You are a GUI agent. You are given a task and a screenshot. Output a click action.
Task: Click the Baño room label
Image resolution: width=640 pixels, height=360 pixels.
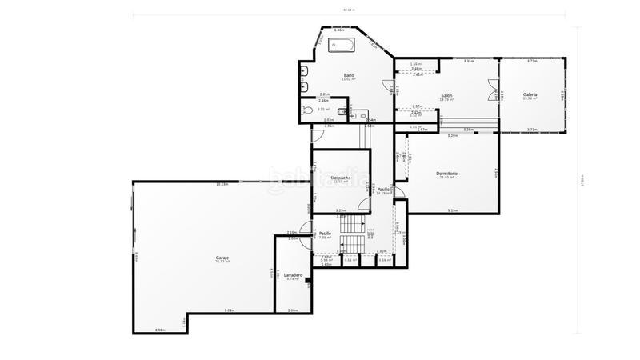pyautogui.click(x=349, y=74)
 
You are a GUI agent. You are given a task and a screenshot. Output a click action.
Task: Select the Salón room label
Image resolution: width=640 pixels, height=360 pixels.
pyautogui.click(x=446, y=95)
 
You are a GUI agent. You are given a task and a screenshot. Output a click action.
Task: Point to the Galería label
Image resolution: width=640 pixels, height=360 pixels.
pyautogui.click(x=530, y=94)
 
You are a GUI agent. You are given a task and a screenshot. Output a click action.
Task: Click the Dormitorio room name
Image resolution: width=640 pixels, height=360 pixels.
pyautogui.click(x=446, y=173)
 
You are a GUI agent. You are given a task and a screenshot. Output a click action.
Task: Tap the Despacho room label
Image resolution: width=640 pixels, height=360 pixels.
pyautogui.click(x=341, y=178)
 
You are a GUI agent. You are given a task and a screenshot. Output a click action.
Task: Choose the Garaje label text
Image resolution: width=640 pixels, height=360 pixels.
pyautogui.click(x=222, y=257)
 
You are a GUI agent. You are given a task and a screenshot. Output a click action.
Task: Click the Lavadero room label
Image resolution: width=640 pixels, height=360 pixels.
pyautogui.click(x=294, y=274)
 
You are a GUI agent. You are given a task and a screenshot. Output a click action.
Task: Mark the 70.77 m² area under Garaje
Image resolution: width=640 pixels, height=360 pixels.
pyautogui.click(x=222, y=262)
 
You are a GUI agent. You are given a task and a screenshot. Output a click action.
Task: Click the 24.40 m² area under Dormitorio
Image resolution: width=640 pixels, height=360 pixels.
pyautogui.click(x=446, y=178)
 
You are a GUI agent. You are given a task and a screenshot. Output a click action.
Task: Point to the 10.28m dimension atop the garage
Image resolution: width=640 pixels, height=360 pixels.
pyautogui.click(x=222, y=185)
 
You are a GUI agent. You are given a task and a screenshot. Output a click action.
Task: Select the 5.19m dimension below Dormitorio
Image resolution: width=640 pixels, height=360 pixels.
pyautogui.click(x=453, y=210)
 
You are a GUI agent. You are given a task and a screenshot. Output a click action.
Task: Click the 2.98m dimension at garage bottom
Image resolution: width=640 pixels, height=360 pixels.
pyautogui.click(x=160, y=330)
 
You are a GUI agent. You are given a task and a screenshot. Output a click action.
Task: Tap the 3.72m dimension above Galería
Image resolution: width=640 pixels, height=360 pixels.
pyautogui.click(x=532, y=61)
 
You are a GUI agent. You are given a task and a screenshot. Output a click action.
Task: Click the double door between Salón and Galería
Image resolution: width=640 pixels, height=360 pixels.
pyautogui.click(x=494, y=94)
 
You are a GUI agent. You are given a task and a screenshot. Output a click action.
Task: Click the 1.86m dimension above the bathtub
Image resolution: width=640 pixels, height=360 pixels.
pyautogui.click(x=339, y=30)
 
